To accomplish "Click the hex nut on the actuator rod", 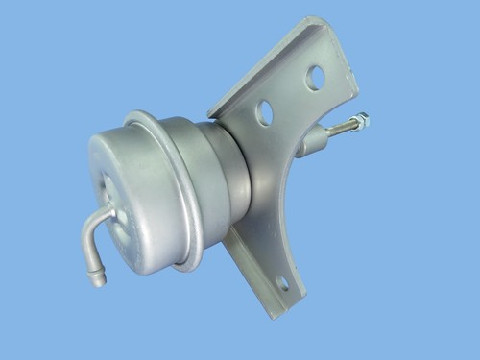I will pos(359,122).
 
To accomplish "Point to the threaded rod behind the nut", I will pos(340,130).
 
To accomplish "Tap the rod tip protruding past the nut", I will pos(366,118).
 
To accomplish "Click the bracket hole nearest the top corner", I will pos(315,77).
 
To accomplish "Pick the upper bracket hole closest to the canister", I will pos(265,112).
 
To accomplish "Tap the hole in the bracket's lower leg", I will pos(282,283).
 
